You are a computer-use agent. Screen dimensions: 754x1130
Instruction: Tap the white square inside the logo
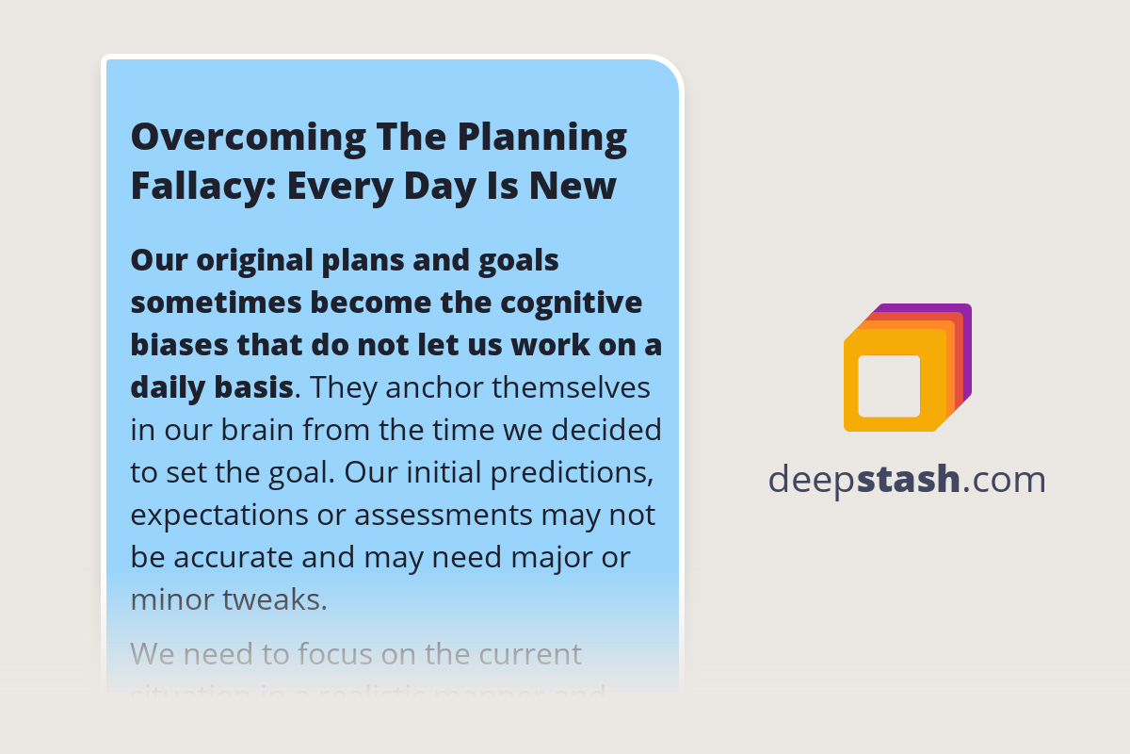pos(889,385)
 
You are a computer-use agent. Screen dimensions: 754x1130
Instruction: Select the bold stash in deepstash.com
pos(909,480)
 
